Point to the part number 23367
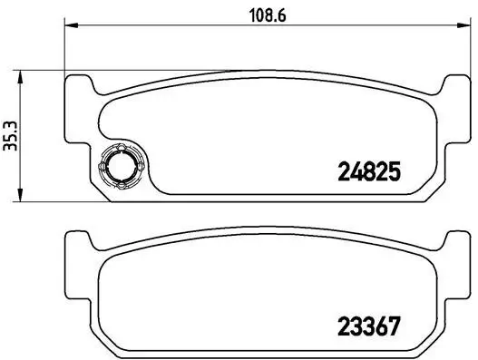click(x=368, y=323)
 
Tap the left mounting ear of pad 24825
click(x=80, y=89)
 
